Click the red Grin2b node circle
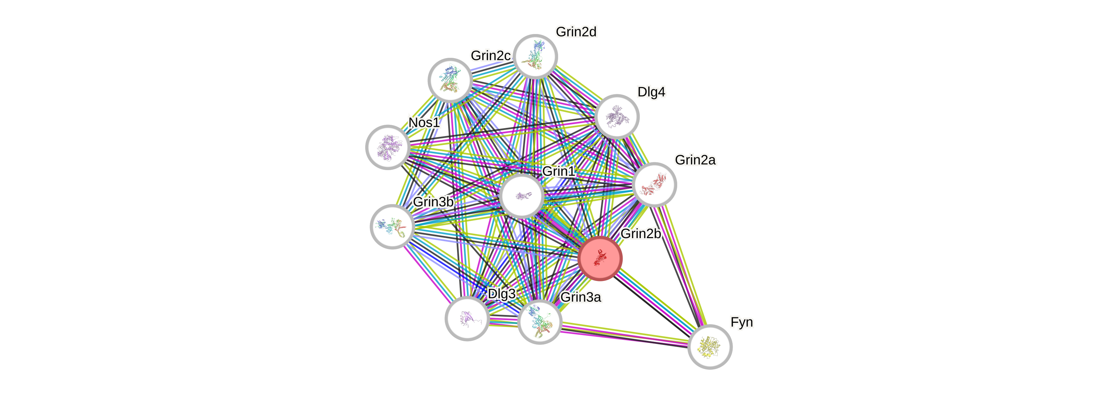600,258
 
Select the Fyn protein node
710,347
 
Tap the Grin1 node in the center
522,196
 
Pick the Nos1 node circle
388,147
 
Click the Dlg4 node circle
617,116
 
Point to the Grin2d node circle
535,56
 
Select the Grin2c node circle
450,80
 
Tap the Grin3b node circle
392,226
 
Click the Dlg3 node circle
467,318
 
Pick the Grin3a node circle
540,321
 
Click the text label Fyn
742,322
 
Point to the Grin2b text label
640,234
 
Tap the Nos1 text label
424,122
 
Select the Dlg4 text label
651,92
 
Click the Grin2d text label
576,32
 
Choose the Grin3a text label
581,297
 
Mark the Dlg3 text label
502,294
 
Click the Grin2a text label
695,160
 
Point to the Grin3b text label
433,201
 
